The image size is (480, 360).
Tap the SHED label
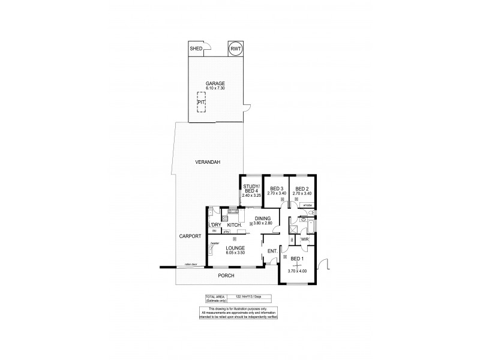196,49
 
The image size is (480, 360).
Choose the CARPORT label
190,236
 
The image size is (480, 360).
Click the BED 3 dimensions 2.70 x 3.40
276,193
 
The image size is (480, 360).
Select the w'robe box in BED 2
308,205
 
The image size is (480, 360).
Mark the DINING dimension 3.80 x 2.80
262,223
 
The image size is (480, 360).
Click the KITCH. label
235,225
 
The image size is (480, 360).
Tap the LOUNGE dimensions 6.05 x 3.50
235,252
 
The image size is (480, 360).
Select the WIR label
304,239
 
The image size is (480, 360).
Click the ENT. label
271,251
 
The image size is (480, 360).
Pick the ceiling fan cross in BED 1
298,265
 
